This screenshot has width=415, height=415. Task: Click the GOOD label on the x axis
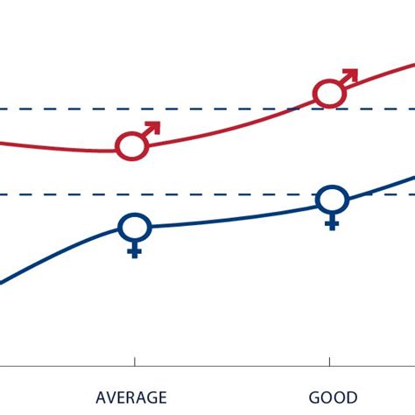330,397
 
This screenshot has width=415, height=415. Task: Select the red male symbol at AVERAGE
132,145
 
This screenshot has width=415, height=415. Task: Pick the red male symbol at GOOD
328,92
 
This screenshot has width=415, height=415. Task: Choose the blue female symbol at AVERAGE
135,229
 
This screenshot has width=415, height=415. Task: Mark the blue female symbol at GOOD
332,200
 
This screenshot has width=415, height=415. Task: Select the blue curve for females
228,218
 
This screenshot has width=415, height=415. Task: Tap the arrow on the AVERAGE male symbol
152,127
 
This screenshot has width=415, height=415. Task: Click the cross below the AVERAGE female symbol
135,251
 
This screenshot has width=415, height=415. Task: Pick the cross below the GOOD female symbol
332,222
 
